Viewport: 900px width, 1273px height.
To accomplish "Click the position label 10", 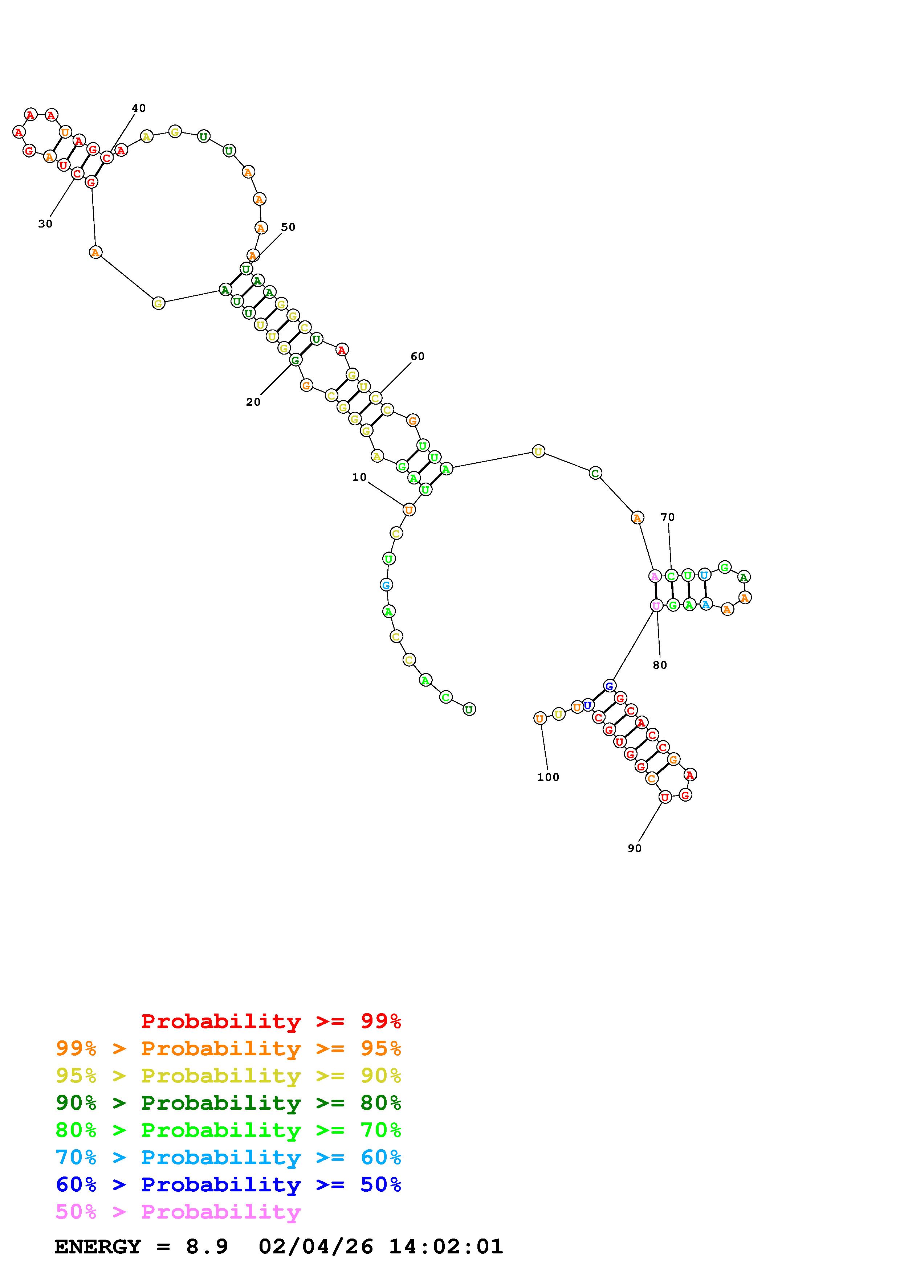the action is tap(359, 477).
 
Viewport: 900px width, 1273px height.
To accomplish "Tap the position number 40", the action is tap(139, 108).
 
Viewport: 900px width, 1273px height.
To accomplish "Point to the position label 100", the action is tap(548, 777).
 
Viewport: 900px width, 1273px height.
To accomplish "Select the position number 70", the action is tap(667, 517).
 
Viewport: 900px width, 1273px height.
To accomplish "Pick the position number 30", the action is tap(45, 224).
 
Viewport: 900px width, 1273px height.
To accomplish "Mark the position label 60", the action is tap(418, 356).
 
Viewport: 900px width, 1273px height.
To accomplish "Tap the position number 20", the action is tap(253, 402).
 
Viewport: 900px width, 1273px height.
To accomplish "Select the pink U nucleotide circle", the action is tap(656, 605).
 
